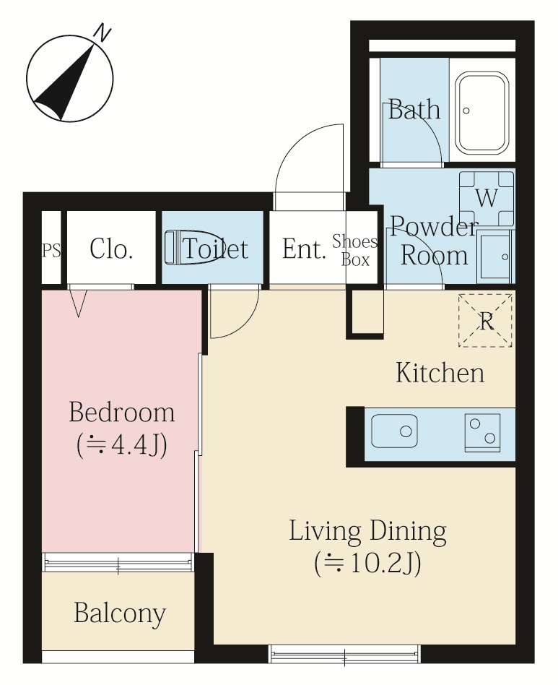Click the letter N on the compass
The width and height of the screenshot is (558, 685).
(103, 34)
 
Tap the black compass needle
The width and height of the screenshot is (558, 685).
(66, 83)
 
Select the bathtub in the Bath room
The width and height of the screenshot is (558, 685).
(483, 112)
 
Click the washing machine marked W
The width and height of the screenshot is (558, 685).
(487, 198)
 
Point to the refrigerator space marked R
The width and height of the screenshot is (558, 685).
(485, 321)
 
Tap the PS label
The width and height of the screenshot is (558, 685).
(51, 251)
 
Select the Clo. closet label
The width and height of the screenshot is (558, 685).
(111, 249)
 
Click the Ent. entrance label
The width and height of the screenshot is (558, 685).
(304, 249)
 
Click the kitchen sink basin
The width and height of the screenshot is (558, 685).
(394, 431)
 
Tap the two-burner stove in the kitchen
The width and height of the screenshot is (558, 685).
(483, 432)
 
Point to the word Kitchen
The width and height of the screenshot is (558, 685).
(440, 373)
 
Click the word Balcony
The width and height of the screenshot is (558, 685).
(120, 613)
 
